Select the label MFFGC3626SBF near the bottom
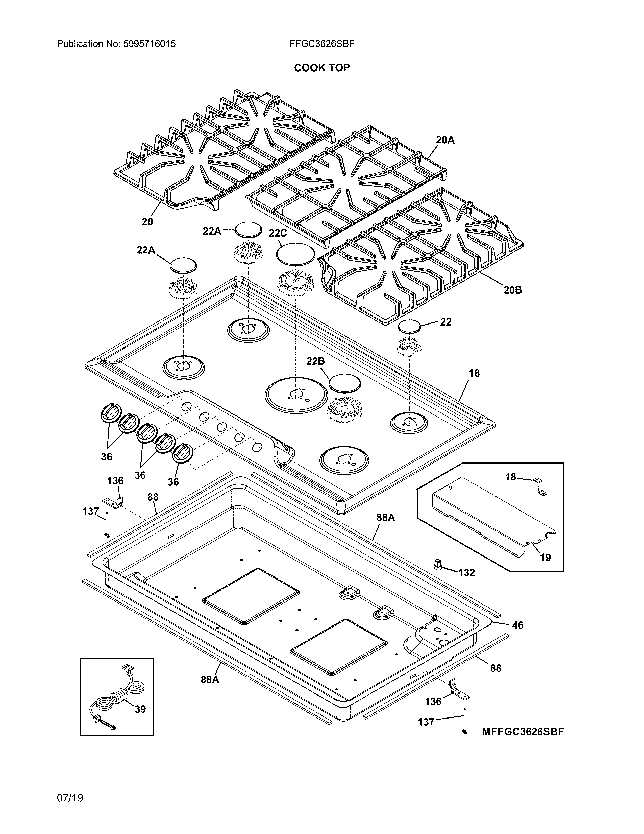tap(523, 732)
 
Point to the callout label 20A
tap(445, 140)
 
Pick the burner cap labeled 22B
tap(344, 383)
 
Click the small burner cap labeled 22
tap(409, 327)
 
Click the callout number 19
tap(545, 558)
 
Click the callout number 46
tap(517, 625)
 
